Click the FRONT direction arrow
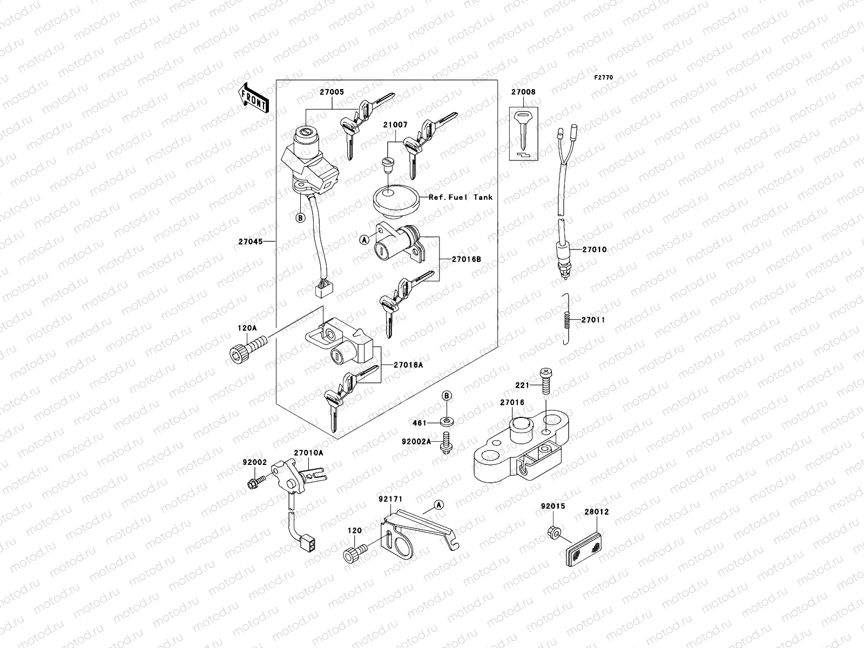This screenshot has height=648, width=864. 254,98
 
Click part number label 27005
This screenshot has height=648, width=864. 332,92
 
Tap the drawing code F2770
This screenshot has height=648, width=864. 604,78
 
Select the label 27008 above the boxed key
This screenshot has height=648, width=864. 523,92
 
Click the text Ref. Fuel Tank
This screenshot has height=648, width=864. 461,198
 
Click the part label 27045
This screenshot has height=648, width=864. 251,241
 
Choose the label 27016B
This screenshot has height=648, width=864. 467,259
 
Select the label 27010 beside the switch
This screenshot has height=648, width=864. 594,250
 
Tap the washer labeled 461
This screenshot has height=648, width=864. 447,422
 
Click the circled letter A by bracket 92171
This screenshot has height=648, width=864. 439,505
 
